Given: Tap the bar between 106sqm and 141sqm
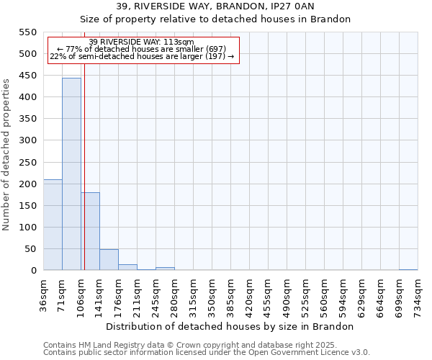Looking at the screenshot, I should coord(90,231).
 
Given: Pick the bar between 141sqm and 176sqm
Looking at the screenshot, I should coord(109,260).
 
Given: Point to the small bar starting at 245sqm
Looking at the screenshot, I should coord(165,269).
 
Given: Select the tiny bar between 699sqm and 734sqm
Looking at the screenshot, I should coord(408,269).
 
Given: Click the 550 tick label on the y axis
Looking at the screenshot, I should coord(27,32).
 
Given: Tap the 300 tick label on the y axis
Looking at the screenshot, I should coord(27,140).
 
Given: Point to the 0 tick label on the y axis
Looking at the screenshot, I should coord(33,271).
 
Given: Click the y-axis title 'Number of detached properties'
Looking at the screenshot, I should coord(7,155).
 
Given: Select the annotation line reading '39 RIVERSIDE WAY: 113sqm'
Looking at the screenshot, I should coord(142,42).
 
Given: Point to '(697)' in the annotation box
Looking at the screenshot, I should coord(215,49).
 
